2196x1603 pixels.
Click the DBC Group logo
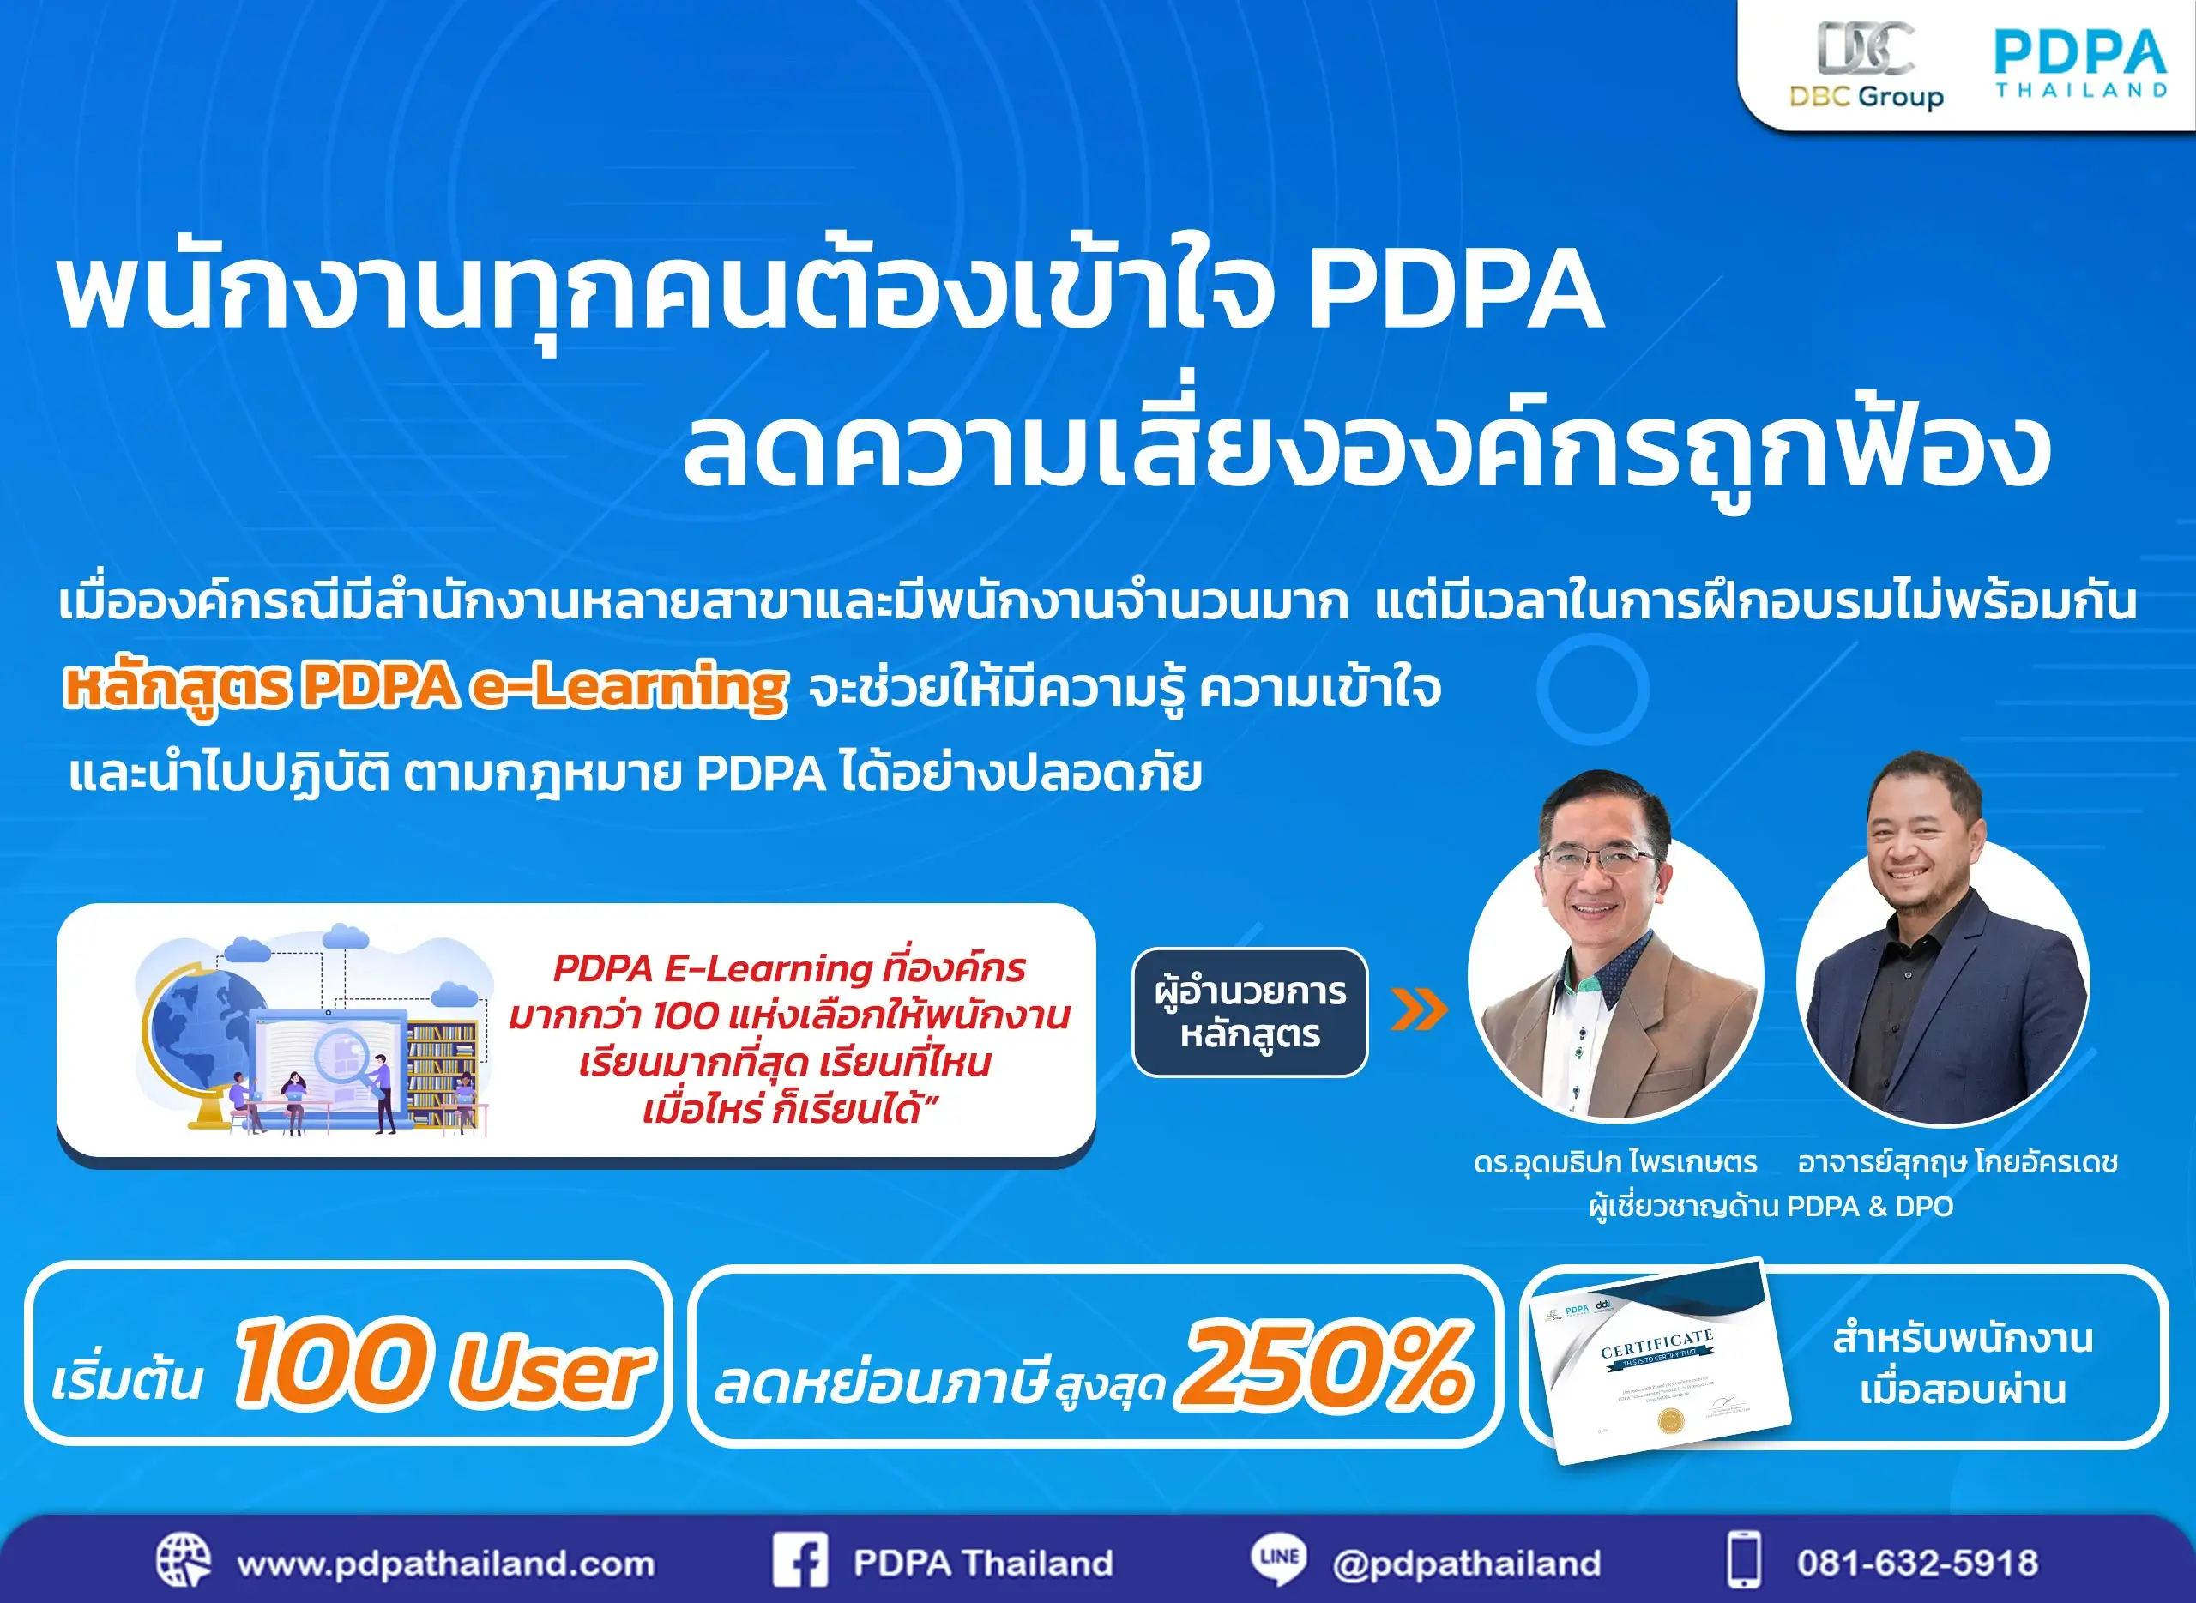(1865, 66)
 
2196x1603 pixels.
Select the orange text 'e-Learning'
(629, 687)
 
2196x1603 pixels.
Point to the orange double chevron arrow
(1418, 1010)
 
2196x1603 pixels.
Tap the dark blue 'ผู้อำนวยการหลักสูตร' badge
(1250, 1012)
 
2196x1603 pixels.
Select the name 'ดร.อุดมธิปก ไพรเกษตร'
(1614, 1162)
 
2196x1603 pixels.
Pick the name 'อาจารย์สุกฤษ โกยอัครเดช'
(1958, 1162)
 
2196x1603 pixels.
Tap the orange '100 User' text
(442, 1365)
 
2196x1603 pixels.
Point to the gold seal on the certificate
(1670, 1421)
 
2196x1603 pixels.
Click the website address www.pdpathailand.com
(445, 1564)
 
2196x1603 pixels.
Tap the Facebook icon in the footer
(799, 1560)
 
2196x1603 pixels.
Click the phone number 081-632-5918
(1916, 1564)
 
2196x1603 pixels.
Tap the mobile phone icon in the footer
(1744, 1560)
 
